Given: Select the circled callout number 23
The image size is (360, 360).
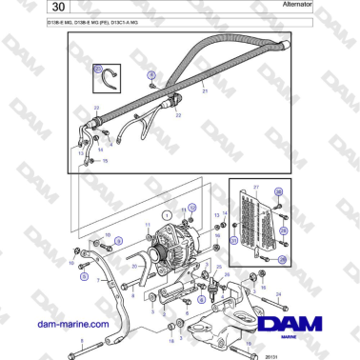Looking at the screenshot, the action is (98, 70).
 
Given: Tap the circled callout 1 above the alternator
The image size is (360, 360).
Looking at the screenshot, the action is (166, 216).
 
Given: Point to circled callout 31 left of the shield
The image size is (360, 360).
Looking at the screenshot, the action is (233, 241).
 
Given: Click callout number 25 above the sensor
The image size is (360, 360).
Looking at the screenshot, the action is (220, 268).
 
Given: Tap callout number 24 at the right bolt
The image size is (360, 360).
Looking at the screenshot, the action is (279, 294).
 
